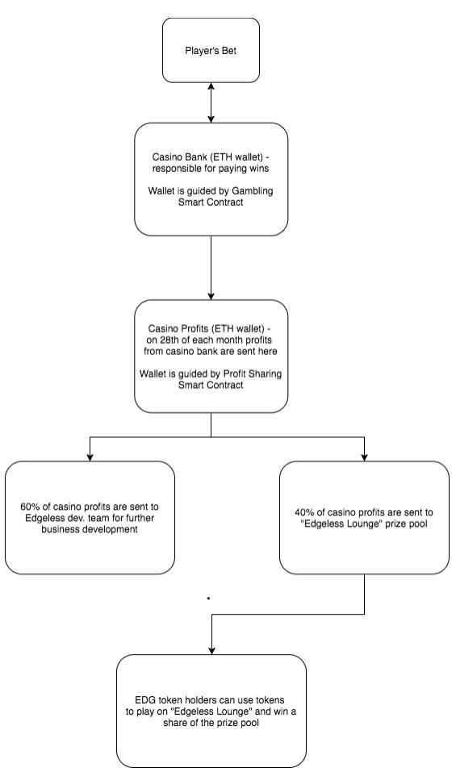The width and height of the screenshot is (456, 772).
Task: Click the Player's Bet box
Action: [x=211, y=50]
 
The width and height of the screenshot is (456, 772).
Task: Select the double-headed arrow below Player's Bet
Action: [x=211, y=102]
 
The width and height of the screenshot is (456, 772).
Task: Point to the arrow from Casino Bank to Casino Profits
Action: [x=211, y=267]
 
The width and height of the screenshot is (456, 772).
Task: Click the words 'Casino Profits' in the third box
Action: [x=172, y=328]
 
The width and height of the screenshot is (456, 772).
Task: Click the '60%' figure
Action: [x=29, y=507]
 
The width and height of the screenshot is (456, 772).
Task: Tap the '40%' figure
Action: [x=303, y=512]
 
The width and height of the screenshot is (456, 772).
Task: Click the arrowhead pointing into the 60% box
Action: [x=90, y=457]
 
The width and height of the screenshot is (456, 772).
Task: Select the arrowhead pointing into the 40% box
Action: [x=365, y=457]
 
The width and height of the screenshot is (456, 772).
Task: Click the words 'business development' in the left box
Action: [x=90, y=529]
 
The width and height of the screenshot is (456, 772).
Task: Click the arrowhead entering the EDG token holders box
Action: [x=211, y=650]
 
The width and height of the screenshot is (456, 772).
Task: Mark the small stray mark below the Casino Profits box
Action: [x=208, y=599]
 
